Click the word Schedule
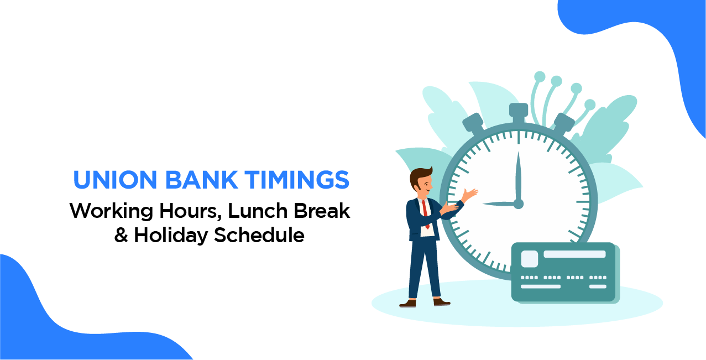click(259, 235)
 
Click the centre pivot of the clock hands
click(518, 204)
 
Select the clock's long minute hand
click(518, 174)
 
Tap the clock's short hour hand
click(498, 204)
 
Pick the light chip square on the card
click(529, 258)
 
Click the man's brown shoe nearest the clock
click(441, 302)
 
